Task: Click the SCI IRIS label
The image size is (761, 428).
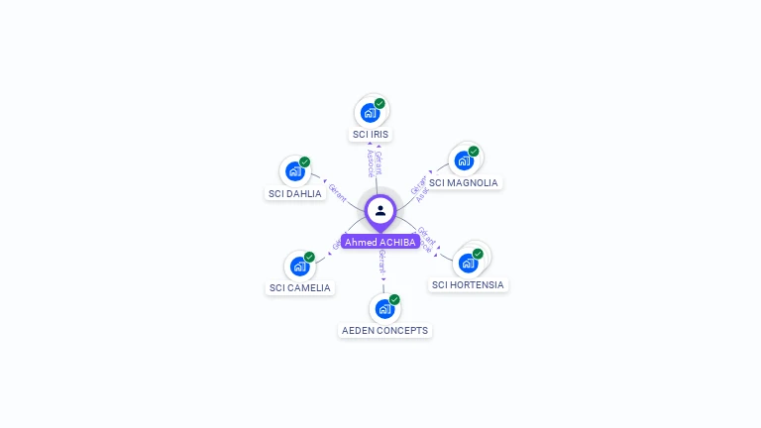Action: (372, 134)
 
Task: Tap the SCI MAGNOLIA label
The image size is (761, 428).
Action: (463, 182)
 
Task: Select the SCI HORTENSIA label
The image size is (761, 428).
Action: (468, 284)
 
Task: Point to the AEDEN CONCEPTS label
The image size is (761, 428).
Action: (384, 330)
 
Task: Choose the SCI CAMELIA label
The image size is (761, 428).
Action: (300, 287)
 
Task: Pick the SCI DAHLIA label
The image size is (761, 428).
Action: (295, 193)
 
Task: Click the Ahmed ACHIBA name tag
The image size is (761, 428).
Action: (380, 242)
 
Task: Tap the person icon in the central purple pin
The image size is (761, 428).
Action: (380, 210)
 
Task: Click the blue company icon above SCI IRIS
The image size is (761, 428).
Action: (370, 112)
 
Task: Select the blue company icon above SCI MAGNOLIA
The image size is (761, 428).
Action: (463, 160)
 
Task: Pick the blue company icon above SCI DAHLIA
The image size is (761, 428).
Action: (294, 171)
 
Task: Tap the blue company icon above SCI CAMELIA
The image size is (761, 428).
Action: (299, 266)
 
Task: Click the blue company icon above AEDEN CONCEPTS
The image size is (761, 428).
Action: (384, 308)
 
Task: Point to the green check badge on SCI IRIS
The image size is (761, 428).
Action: (380, 103)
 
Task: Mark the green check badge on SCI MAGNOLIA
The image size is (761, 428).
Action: (474, 152)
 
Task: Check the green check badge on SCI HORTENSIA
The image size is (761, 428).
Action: (478, 254)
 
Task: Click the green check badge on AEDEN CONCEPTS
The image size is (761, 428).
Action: (394, 299)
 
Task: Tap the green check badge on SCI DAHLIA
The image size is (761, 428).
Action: (304, 162)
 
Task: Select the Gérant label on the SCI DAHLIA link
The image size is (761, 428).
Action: (337, 192)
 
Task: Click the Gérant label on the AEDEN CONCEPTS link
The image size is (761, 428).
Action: (381, 263)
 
